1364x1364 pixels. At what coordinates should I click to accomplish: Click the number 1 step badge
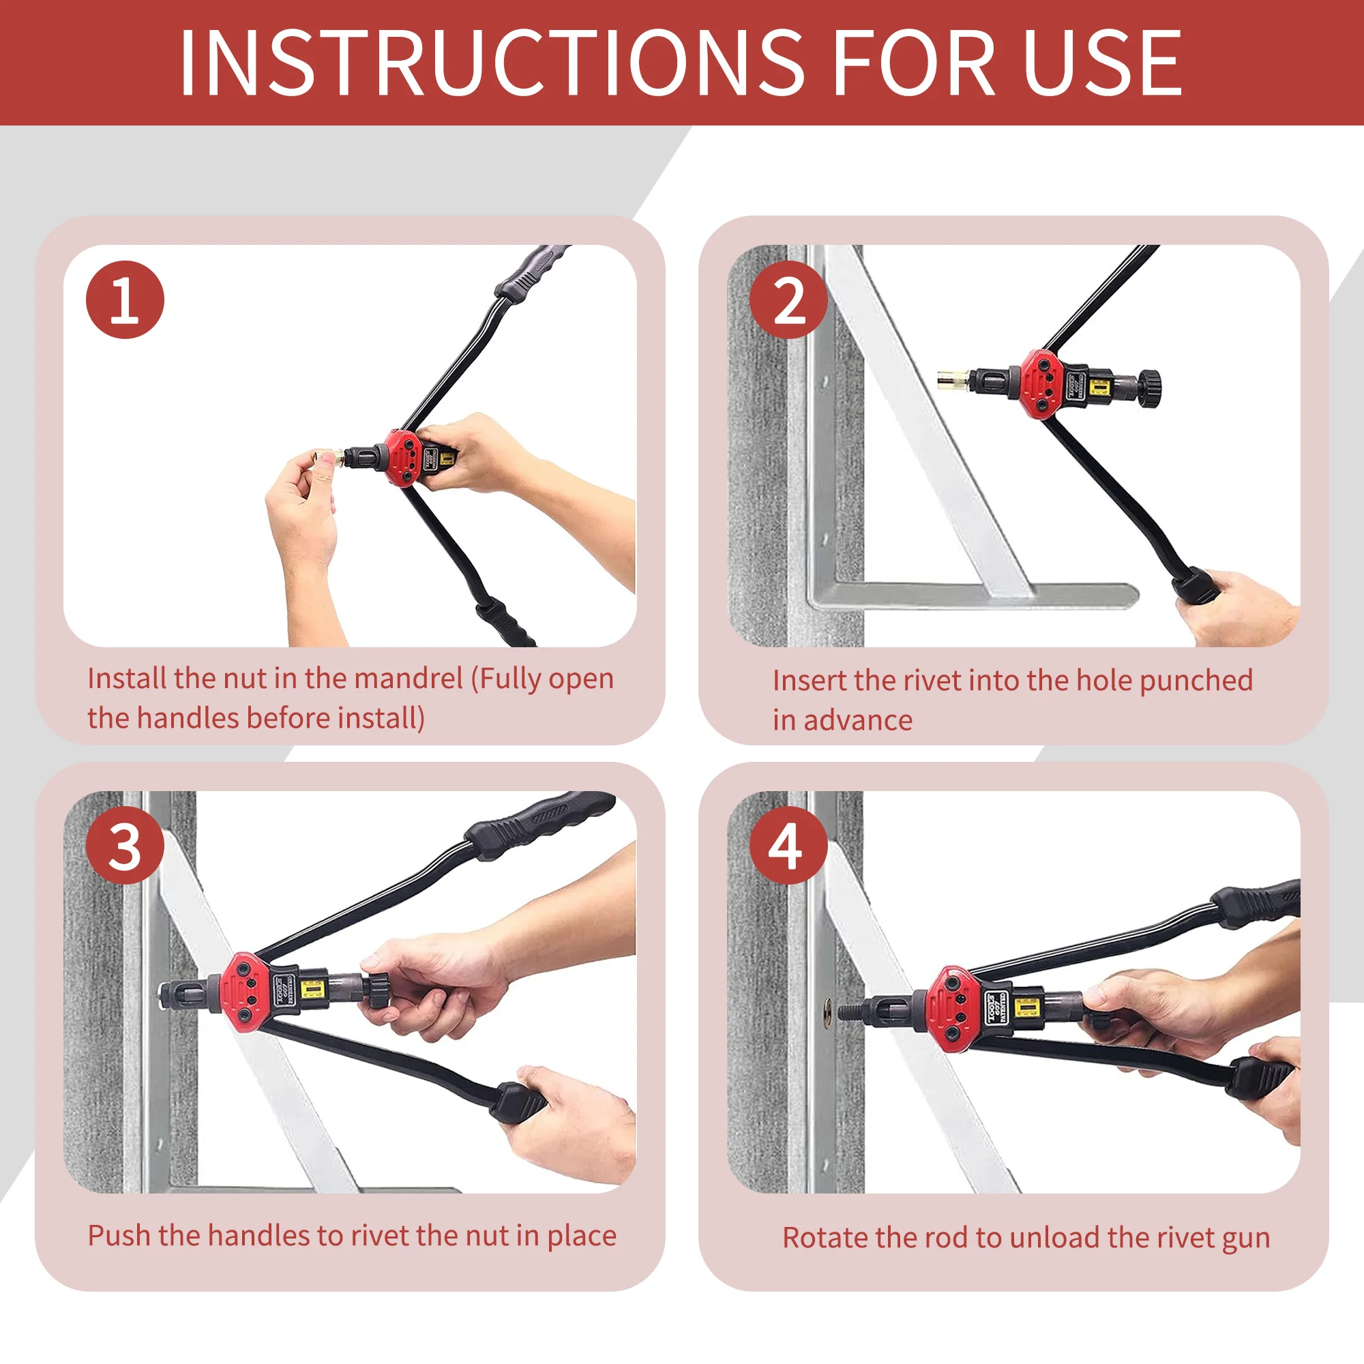pyautogui.click(x=125, y=300)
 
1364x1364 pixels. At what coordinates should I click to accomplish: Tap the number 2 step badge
pyautogui.click(x=788, y=300)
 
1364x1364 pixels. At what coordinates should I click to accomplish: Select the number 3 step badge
pyautogui.click(x=125, y=846)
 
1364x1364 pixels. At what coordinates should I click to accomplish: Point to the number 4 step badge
pyautogui.click(x=788, y=846)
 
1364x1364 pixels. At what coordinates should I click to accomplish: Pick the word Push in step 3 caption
pyautogui.click(x=119, y=1236)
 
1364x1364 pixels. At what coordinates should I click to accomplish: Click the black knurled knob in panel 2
pyautogui.click(x=1152, y=387)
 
